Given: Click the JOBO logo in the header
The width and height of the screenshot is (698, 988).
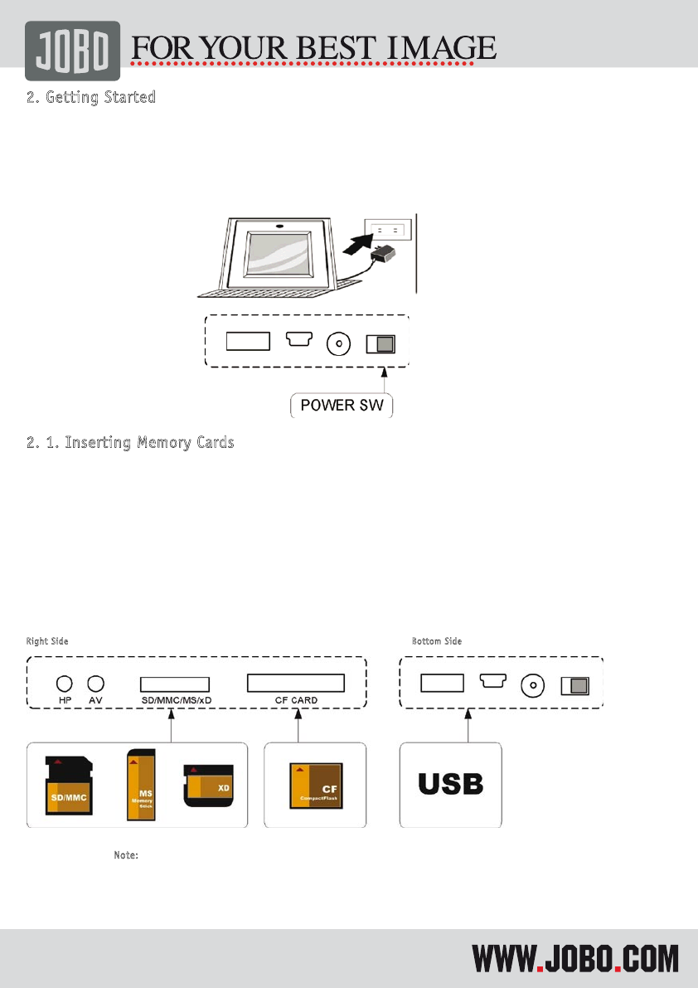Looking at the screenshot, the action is click(x=72, y=51).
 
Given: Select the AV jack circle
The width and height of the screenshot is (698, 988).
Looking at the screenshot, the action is click(x=95, y=684).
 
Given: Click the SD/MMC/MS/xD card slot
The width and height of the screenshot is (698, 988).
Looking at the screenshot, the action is click(x=174, y=684).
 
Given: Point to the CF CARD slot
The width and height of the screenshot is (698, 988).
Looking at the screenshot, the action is click(x=296, y=683).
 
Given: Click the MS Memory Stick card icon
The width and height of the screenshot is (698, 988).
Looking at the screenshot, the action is click(x=140, y=785).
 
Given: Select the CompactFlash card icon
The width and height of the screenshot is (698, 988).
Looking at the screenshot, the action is click(x=314, y=785).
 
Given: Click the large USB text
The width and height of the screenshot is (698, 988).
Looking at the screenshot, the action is click(x=450, y=785).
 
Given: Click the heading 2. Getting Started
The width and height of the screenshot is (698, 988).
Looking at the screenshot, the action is click(x=91, y=97).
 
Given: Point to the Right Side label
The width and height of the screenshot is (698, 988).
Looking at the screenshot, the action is click(x=47, y=641).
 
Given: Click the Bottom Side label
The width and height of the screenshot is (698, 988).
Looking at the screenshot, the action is click(x=437, y=641).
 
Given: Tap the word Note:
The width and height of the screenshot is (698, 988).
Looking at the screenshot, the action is click(x=125, y=854).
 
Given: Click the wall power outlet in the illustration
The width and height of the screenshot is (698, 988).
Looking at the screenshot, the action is click(x=387, y=230).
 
